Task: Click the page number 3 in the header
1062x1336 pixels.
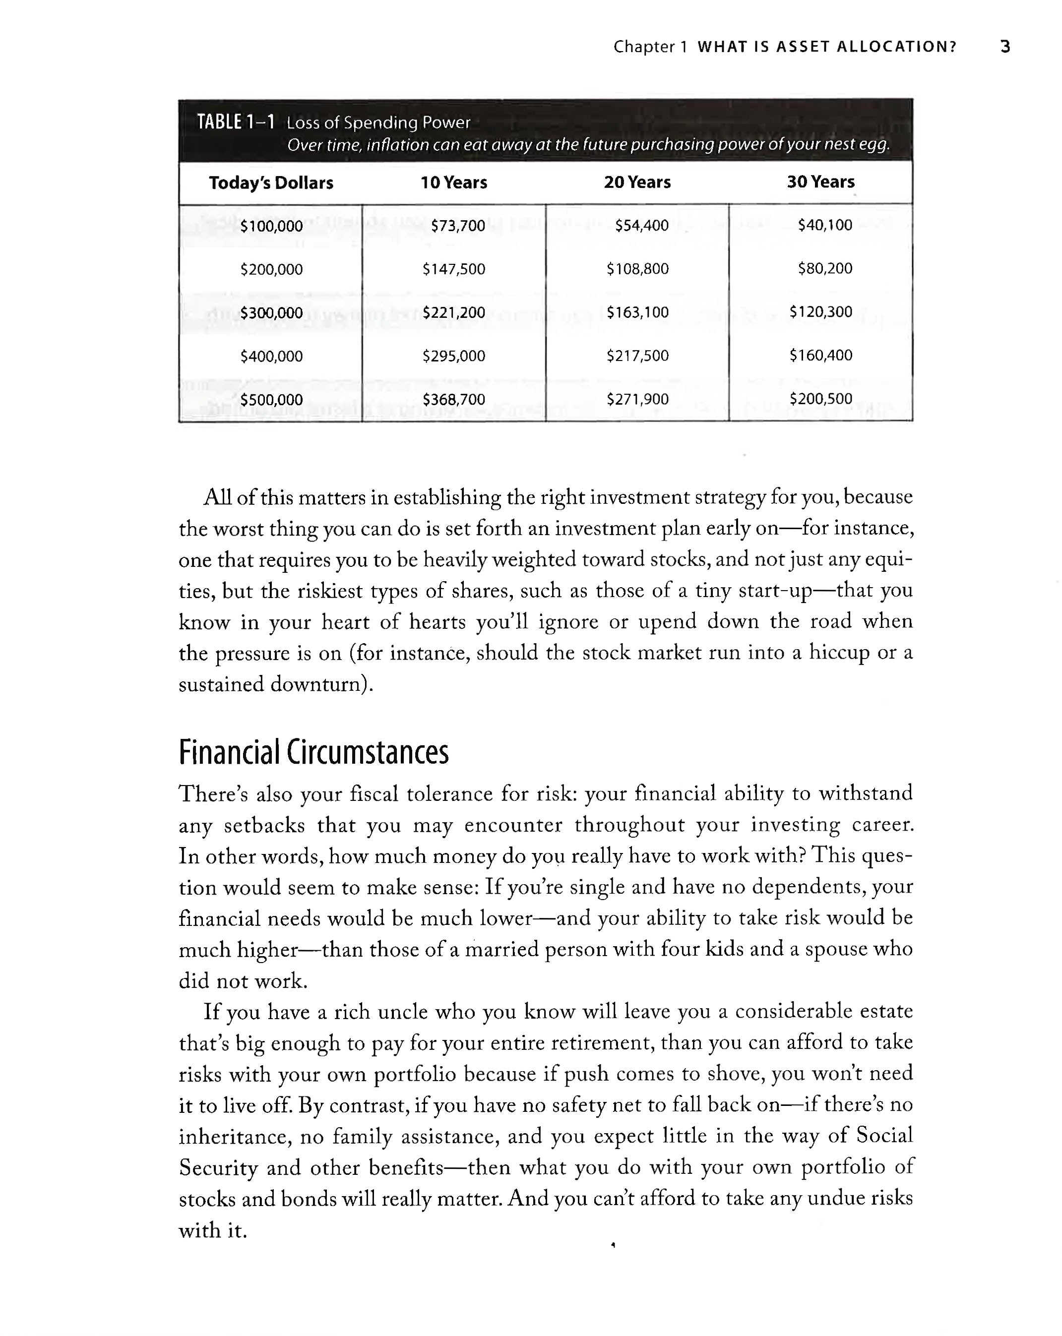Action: pyautogui.click(x=1005, y=47)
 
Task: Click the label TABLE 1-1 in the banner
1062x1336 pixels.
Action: pyautogui.click(x=236, y=122)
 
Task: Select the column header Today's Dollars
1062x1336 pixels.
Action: pyautogui.click(x=271, y=183)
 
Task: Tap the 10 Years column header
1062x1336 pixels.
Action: pyautogui.click(x=454, y=183)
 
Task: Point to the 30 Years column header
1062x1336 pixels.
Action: pyautogui.click(x=821, y=182)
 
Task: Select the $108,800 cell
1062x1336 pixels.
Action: pyautogui.click(x=637, y=269)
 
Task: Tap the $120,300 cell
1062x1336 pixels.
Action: pyautogui.click(x=821, y=312)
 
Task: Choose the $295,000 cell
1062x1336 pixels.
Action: pyautogui.click(x=454, y=356)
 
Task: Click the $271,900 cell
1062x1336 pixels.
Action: pyautogui.click(x=637, y=399)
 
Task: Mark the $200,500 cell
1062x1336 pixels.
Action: pyautogui.click(x=821, y=398)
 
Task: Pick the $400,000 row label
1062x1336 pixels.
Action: pyautogui.click(x=271, y=356)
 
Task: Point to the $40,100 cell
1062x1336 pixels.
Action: pyautogui.click(x=824, y=225)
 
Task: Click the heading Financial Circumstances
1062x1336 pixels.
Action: pyautogui.click(x=313, y=752)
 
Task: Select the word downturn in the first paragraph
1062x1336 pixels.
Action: pyautogui.click(x=320, y=685)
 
